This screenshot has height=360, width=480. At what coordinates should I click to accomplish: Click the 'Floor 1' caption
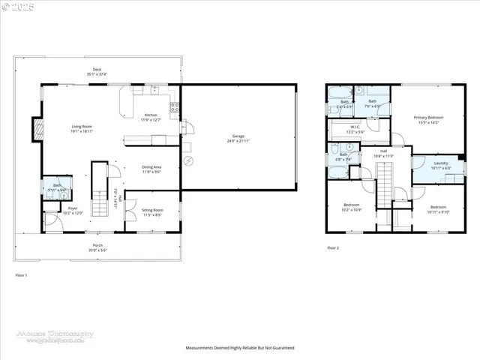21,275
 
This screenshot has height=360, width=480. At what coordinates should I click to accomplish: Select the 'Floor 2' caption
333,247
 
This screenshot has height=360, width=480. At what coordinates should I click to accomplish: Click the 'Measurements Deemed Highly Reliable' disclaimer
240,348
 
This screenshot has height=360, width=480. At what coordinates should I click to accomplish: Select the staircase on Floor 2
383,187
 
